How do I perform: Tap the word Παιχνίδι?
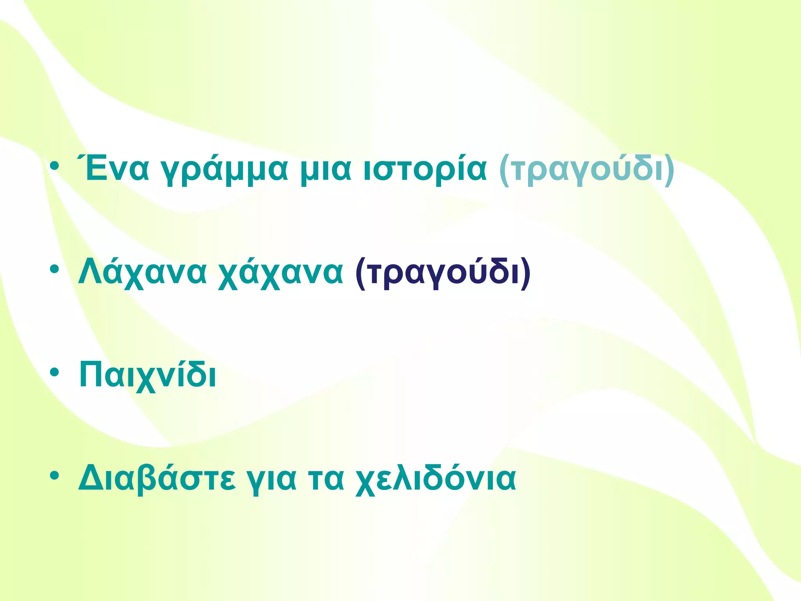pos(148,376)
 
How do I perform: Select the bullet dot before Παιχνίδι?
pos(55,372)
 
